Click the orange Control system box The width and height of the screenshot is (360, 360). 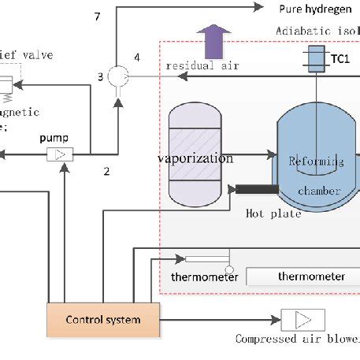[x=104, y=319]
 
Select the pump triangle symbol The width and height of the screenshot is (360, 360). [x=58, y=155]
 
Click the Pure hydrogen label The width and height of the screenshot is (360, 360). [x=308, y=8]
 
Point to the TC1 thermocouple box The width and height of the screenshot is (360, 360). [x=317, y=59]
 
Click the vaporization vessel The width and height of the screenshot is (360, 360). [x=195, y=158]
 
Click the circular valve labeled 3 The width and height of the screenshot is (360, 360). [x=118, y=76]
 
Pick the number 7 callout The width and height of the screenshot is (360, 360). [x=98, y=16]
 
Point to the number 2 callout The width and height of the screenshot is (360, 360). [x=108, y=169]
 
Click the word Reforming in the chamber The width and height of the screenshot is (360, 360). [x=317, y=161]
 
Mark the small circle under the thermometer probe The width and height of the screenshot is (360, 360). [x=229, y=270]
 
